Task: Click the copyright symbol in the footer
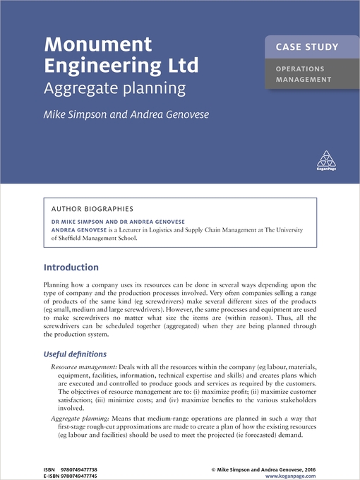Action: (x=213, y=468)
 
